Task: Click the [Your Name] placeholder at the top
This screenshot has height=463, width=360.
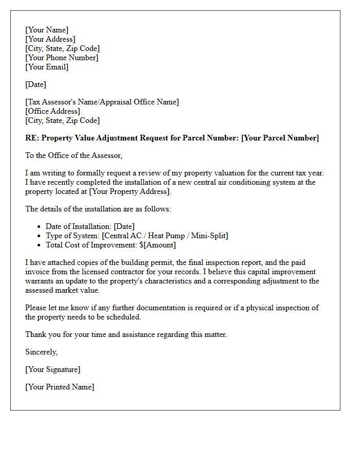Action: [x=47, y=30]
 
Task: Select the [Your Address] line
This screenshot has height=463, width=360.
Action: [x=50, y=39]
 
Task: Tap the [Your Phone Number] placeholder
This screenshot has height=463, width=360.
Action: [x=62, y=58]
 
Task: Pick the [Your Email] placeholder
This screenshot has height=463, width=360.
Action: [x=47, y=67]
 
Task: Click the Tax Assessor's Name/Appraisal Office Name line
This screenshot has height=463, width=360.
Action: [x=102, y=102]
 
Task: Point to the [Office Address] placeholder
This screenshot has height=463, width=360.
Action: [x=52, y=111]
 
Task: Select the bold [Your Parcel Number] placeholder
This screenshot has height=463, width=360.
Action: [x=280, y=138]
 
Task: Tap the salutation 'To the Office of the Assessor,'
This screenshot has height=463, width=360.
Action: [x=74, y=155]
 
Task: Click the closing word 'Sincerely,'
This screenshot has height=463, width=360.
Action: [x=42, y=352]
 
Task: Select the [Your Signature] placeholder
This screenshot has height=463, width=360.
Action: [x=53, y=369]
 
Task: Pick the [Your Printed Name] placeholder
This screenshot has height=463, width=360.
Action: [x=60, y=387]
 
